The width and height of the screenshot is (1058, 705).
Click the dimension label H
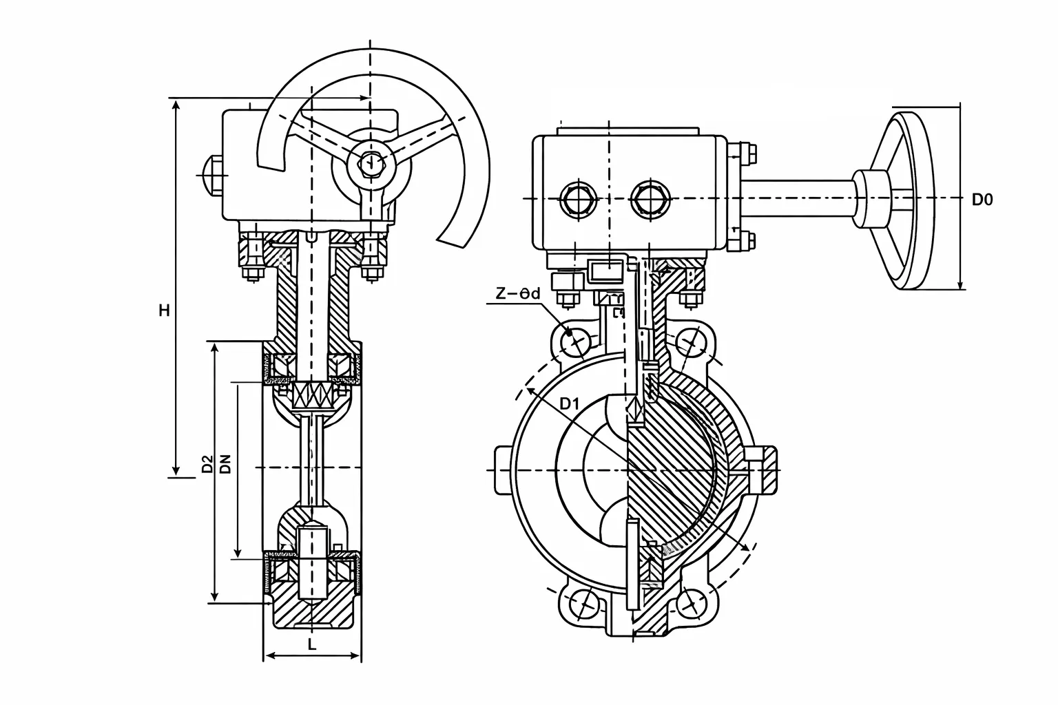coord(164,311)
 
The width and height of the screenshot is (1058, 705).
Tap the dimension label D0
coord(982,200)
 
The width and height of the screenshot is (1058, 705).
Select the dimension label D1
coord(568,404)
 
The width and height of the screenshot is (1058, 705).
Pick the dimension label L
coord(311,645)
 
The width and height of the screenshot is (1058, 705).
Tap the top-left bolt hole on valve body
coord(572,340)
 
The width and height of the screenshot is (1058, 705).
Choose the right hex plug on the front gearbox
coord(650,199)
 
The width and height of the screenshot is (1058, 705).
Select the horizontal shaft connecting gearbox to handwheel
coord(799,199)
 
